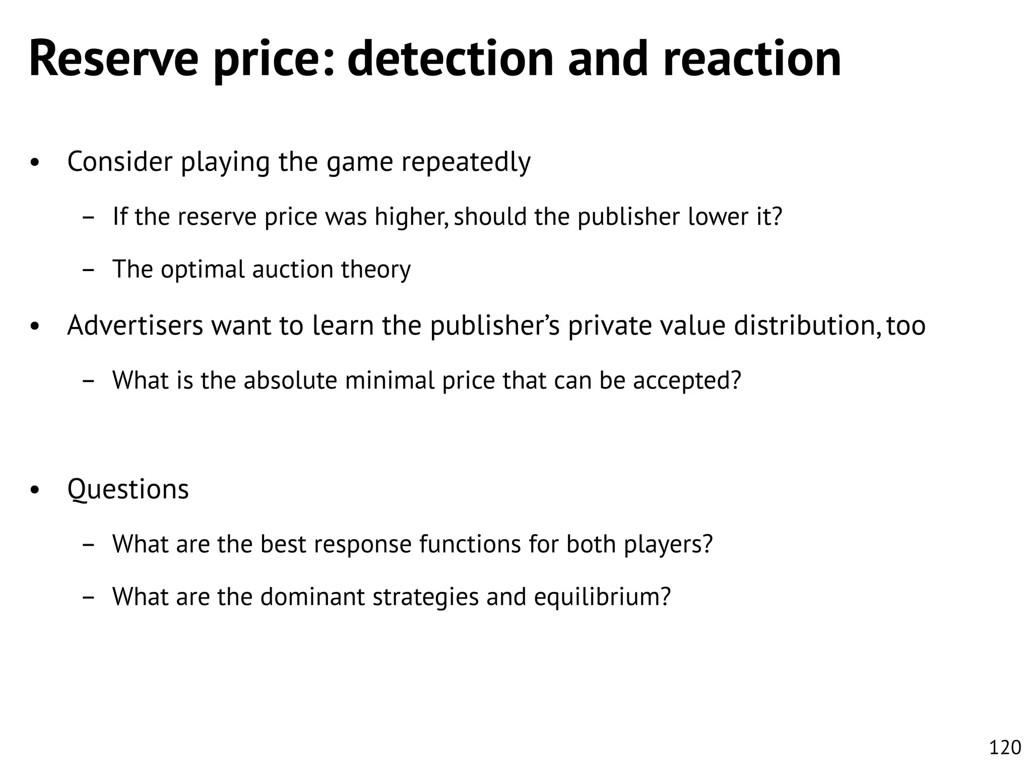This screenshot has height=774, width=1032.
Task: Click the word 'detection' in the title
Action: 450,59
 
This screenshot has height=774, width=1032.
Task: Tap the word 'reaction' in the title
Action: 752,59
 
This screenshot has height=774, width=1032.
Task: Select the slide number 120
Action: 1005,747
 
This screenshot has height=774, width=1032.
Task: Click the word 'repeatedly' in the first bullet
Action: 466,162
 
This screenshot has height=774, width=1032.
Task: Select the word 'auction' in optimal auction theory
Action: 293,269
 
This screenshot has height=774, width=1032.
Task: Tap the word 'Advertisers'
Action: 135,325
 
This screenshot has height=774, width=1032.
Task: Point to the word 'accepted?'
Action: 687,380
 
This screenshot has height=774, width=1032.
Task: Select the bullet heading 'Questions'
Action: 128,489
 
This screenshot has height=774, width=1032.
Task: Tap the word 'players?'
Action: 669,544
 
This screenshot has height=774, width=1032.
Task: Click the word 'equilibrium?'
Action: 603,597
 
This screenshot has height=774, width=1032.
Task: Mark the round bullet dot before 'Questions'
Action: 34,490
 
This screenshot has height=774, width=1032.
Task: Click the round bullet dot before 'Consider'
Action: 34,163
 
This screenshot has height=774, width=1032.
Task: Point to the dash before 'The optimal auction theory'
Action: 88,270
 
